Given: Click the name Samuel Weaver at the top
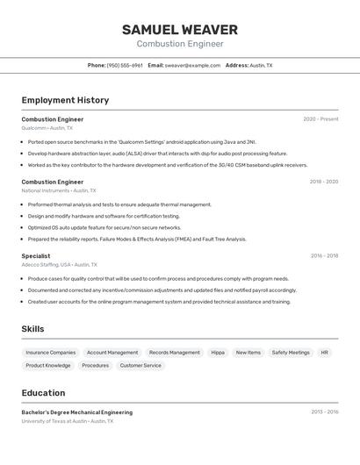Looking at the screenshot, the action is [180, 30].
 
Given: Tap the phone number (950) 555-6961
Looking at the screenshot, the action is [125, 65].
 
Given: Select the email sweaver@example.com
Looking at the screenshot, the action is [192, 65].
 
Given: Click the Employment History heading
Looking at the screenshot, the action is [65, 100].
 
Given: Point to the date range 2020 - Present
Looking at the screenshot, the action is [320, 119].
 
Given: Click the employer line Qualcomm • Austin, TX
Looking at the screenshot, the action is [47, 128].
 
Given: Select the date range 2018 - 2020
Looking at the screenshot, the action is [323, 182].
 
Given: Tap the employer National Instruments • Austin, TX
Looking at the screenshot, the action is [59, 190].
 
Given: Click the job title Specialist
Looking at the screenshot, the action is [36, 256].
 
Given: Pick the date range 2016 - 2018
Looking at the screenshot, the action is [323, 256].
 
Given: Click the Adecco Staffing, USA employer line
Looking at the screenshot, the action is [59, 264].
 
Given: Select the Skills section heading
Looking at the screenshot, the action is [33, 329].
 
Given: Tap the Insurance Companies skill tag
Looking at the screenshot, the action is [50, 353].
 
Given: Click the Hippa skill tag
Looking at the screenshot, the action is [218, 353].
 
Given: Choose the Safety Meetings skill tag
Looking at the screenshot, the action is [291, 353].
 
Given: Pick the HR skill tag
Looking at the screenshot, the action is [324, 353].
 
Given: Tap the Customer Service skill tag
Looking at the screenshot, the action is [140, 366].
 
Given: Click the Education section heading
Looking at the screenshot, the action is [43, 393].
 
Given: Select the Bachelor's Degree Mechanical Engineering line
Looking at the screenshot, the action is [77, 412].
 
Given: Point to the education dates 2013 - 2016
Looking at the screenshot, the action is [324, 411].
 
